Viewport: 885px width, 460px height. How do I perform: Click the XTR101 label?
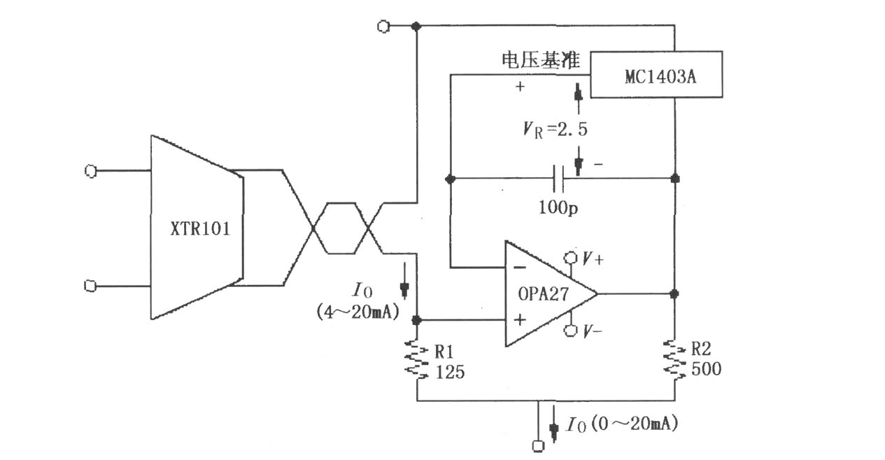tap(200, 229)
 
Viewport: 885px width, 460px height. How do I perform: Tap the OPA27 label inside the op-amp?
tap(544, 294)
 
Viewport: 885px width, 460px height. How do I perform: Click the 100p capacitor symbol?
tap(559, 179)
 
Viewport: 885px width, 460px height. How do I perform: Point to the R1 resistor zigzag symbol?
tap(417, 358)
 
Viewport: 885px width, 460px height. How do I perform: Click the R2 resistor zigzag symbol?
tap(675, 358)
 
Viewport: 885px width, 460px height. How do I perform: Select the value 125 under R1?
tap(450, 372)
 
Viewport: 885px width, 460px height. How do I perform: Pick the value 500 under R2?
tap(707, 369)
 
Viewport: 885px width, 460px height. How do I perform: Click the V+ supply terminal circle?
tap(570, 258)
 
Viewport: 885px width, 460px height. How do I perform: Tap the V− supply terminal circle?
tap(570, 330)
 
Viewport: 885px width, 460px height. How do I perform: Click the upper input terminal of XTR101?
tap(91, 171)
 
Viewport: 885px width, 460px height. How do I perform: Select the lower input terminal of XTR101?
tap(90, 286)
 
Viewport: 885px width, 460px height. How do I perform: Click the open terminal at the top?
tap(383, 27)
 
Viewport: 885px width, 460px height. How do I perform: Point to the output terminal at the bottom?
tap(538, 446)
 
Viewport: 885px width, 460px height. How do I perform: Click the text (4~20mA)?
tap(357, 312)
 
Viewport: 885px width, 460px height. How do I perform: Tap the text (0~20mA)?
tap(635, 424)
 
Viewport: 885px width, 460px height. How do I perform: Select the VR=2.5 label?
tap(555, 130)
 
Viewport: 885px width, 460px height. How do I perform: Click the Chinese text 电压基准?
tap(541, 60)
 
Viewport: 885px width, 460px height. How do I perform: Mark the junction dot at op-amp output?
tap(675, 294)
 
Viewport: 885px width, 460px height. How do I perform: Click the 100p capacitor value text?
tap(558, 207)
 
